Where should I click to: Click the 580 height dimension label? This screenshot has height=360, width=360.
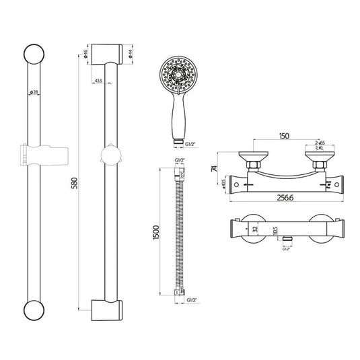(79, 182)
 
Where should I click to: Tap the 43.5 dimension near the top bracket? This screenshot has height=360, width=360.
(98, 81)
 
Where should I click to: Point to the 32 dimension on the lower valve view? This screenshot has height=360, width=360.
(254, 228)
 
